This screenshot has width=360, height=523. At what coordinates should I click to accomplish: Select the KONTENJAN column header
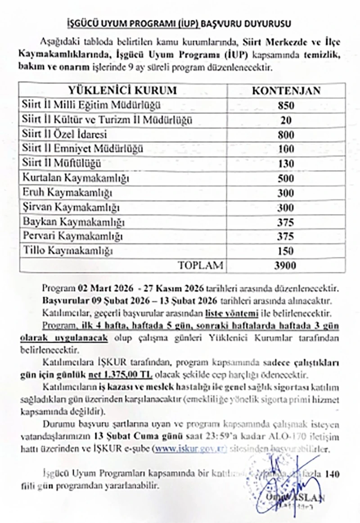point(286,90)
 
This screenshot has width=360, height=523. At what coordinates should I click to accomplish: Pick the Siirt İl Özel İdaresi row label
point(67,135)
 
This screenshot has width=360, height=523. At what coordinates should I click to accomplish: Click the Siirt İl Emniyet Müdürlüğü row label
point(82,149)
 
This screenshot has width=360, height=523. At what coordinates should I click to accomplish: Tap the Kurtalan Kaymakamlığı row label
point(76,178)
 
